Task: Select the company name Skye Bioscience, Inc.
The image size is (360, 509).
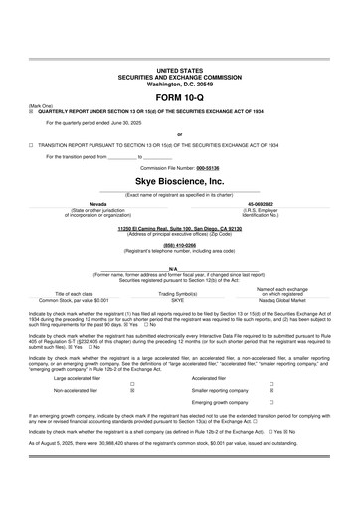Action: pos(179,183)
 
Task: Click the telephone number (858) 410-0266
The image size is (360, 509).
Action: pos(179,245)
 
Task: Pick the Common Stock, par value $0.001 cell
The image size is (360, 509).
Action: pos(75,299)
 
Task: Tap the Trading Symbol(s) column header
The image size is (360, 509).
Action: pos(180,294)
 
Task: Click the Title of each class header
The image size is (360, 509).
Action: pos(75,294)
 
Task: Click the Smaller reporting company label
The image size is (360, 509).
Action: pos(221,392)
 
